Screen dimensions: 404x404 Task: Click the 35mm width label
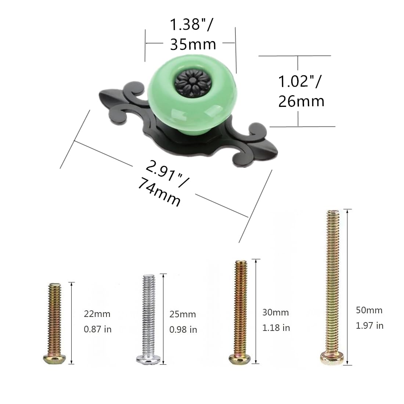[x=193, y=44]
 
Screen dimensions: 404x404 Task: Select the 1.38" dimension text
[x=191, y=25]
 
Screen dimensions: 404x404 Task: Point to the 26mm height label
[x=301, y=101]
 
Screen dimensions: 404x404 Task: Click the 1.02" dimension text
[x=300, y=81]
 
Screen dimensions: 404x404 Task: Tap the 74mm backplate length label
[x=159, y=194]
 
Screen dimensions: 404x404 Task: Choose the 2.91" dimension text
[x=167, y=173]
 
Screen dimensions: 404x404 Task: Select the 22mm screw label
[x=97, y=314]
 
